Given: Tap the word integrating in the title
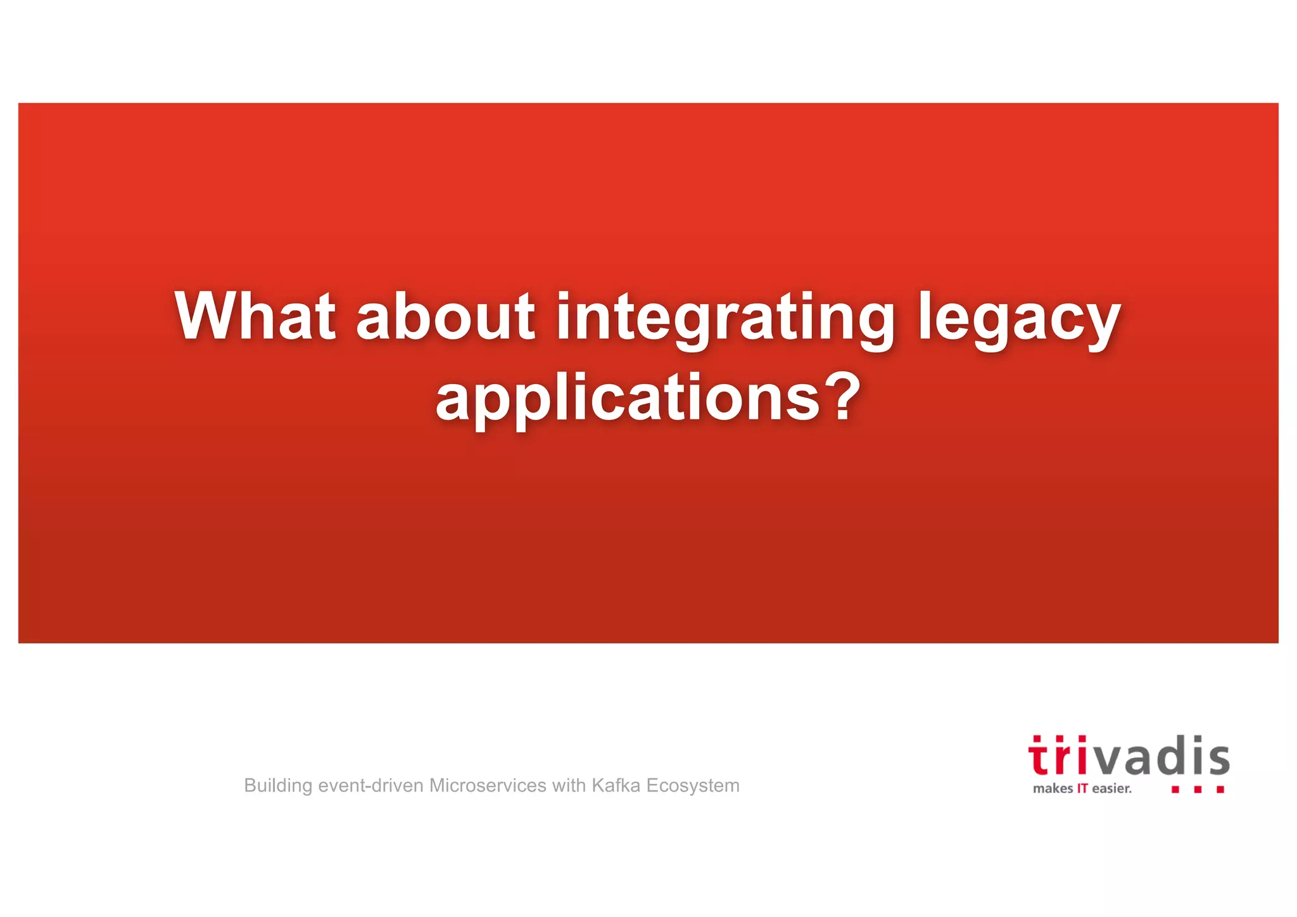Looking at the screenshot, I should coord(725,317).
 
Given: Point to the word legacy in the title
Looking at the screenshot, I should coord(1019,317).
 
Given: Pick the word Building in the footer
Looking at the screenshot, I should coord(278,786).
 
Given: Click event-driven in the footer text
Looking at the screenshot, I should coord(370,786).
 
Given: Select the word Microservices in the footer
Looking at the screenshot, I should coord(488,786).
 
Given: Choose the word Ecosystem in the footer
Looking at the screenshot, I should coord(693,786).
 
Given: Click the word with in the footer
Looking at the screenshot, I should coord(569,786).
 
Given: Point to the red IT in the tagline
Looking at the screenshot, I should coord(1082,789).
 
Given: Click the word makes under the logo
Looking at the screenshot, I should coord(1053,789).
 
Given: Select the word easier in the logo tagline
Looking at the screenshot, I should coord(1111,789).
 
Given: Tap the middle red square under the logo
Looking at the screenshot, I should coord(1198,790).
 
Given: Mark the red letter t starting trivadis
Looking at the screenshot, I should coord(1039,758).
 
